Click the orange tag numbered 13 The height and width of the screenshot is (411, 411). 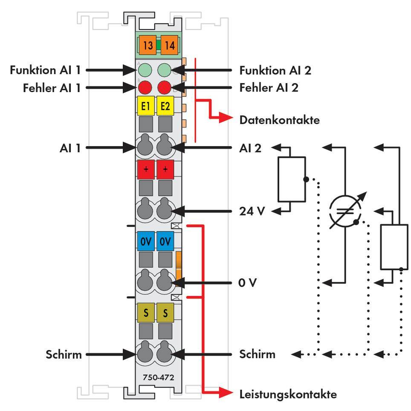coord(148,45)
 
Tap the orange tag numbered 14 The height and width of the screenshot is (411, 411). coord(169,45)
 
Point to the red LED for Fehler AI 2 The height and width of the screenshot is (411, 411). coord(165,88)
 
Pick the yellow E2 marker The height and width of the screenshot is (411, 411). coord(165,106)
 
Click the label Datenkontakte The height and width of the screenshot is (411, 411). coord(280,120)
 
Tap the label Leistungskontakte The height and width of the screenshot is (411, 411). coord(288,394)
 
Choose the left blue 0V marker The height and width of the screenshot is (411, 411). coord(146,241)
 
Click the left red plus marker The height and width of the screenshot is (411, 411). coord(146,169)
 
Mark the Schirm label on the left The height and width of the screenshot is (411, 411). coord(64,354)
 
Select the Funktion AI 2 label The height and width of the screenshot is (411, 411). coord(275,70)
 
